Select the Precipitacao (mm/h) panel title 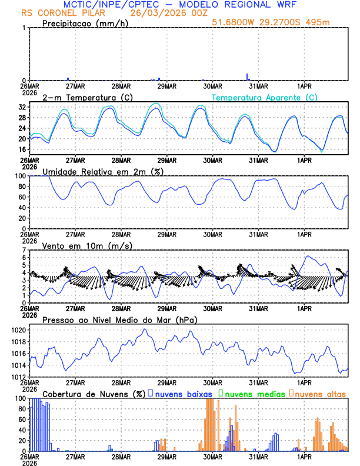pos(84,24)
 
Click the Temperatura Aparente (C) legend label pos(265,97)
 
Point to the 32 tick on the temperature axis pos(21,108)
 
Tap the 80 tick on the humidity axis pos(21,187)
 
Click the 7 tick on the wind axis pos(24,251)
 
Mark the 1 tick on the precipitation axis pos(24,28)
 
